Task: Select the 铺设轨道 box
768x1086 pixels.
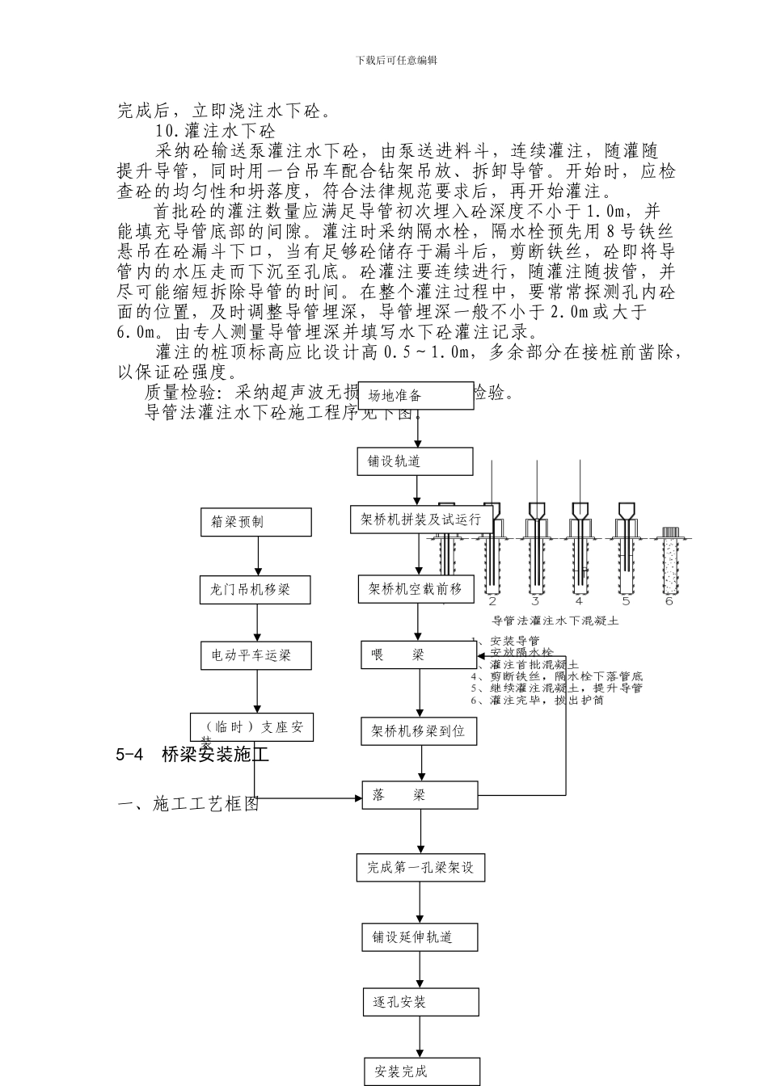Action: coord(416,461)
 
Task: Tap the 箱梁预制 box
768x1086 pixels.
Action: coord(256,522)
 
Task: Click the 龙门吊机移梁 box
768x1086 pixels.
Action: coord(256,589)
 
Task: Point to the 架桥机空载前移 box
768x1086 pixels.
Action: coord(416,589)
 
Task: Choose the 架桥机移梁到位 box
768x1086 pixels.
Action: coord(419,731)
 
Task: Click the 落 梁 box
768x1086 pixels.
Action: coord(419,795)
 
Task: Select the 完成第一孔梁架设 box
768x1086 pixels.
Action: coord(420,867)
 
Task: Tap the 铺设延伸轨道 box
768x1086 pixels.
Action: coord(420,937)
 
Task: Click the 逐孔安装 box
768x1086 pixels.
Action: coord(420,1002)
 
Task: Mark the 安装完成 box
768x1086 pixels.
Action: coord(421,1071)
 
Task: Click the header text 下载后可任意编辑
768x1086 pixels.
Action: coord(396,60)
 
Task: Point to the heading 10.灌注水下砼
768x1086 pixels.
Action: coord(214,130)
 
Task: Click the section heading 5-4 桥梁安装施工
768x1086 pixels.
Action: coord(192,755)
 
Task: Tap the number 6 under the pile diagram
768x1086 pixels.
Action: coord(669,600)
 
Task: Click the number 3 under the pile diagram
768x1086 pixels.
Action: coord(535,600)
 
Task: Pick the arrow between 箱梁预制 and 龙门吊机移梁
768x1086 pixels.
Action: coord(257,556)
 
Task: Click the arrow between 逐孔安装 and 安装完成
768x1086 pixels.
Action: coord(420,1037)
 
